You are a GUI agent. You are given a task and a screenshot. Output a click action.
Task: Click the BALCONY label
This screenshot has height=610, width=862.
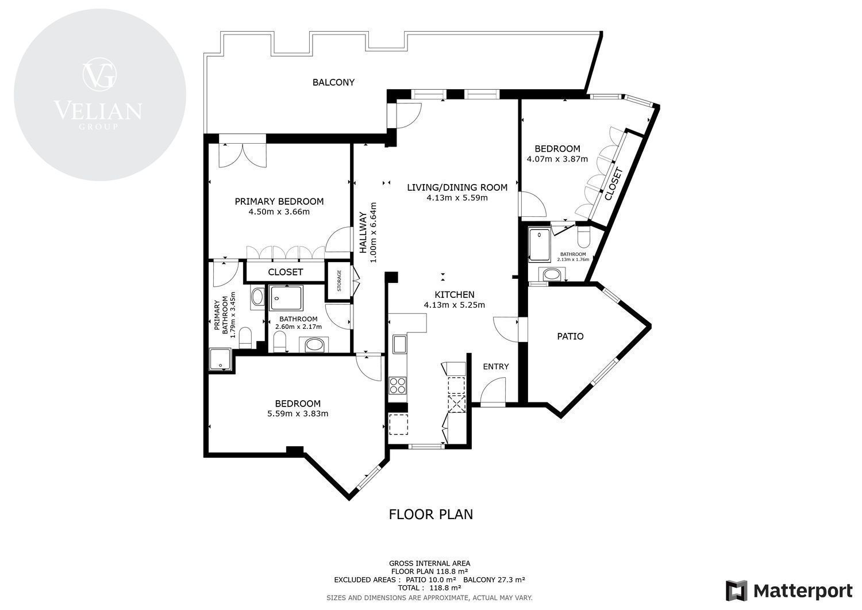[x=333, y=82]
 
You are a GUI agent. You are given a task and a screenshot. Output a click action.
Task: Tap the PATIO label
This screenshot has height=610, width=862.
[x=570, y=336]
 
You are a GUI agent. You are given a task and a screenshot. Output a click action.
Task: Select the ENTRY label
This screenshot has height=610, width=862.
[x=495, y=366]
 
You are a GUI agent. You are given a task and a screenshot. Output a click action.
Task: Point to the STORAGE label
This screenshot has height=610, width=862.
[x=339, y=281]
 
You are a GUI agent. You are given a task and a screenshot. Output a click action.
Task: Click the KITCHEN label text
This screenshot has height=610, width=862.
[x=454, y=294]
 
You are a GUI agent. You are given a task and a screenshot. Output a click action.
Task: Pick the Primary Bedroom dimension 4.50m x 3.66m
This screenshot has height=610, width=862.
[x=279, y=212]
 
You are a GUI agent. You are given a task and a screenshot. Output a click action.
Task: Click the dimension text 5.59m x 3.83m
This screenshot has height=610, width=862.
[x=298, y=413]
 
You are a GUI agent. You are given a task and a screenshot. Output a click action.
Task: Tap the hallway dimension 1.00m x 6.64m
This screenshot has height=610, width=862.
[x=372, y=232]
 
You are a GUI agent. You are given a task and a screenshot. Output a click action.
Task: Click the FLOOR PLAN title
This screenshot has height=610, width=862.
[x=430, y=514]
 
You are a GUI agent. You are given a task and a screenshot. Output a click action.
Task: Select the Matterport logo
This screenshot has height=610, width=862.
[x=789, y=590]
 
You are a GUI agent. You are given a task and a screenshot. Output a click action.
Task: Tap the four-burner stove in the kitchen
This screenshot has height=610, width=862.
[x=398, y=385]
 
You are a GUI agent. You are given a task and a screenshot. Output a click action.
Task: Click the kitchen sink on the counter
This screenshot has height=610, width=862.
[x=399, y=344]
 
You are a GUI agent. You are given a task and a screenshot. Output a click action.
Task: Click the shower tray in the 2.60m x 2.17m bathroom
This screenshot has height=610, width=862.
[x=286, y=298]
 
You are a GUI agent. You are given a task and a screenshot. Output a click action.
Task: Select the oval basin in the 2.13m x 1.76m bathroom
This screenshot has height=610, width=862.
[x=552, y=275]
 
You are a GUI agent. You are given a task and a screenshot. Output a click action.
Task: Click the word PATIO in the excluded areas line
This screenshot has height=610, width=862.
[x=417, y=580]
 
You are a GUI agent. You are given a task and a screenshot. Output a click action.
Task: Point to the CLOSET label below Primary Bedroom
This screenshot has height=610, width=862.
[x=285, y=272]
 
